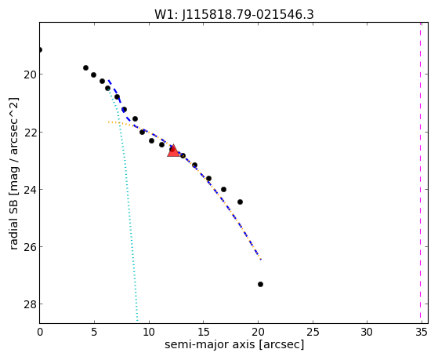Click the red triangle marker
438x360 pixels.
(x=173, y=151)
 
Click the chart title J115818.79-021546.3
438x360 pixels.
(x=248, y=14)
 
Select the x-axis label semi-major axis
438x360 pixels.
(x=210, y=344)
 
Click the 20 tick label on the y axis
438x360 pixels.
(x=29, y=75)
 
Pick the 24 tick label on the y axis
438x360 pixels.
(x=29, y=190)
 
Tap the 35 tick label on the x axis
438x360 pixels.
(x=422, y=332)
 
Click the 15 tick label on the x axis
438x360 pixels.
(x=203, y=332)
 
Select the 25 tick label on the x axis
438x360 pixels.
(x=313, y=332)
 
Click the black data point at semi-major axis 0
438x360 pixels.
(x=40, y=49)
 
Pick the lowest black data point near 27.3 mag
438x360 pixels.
(x=260, y=284)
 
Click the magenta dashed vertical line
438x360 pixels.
(x=420, y=173)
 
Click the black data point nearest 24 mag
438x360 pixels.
(x=223, y=189)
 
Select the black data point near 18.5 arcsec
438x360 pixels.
(x=240, y=202)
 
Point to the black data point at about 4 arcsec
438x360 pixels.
(x=85, y=67)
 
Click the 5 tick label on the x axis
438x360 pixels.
(x=94, y=332)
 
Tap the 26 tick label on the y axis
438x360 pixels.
(x=29, y=247)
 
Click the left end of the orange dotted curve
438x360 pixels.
(x=109, y=122)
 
